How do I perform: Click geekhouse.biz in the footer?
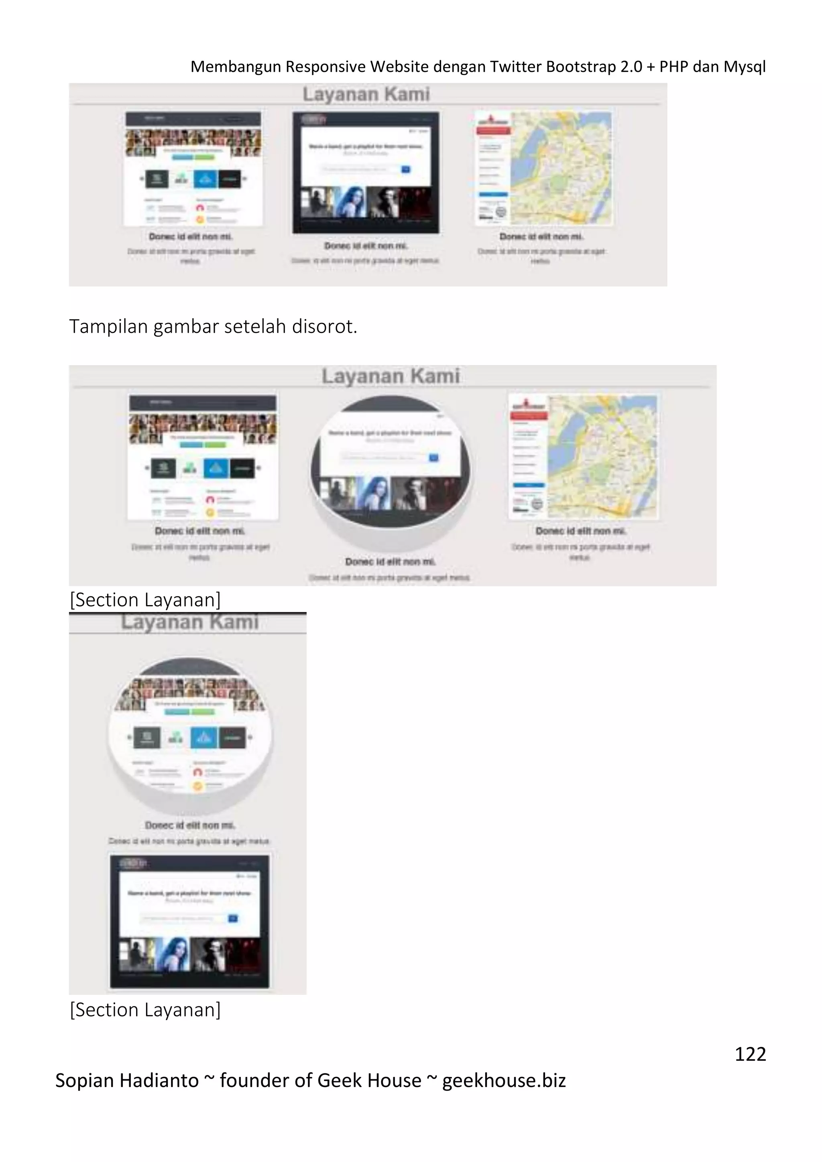504,1080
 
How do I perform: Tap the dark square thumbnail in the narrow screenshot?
190,921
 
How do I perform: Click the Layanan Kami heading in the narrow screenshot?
190,622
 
